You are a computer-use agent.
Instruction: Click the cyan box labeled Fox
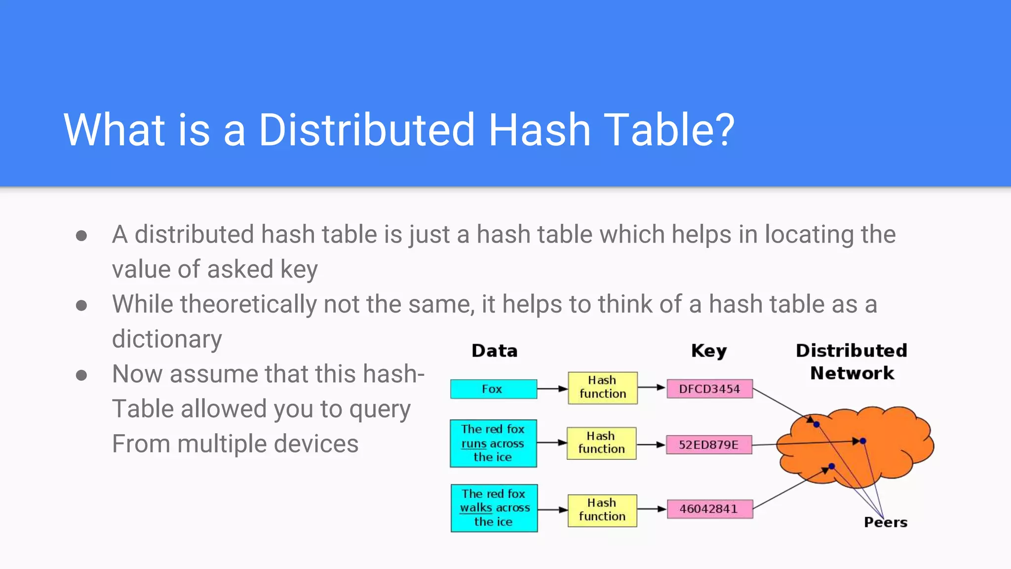coord(493,389)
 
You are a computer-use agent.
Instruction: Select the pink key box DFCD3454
coord(709,389)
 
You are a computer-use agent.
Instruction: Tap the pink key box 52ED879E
coord(708,445)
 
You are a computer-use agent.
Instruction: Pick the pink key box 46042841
coord(709,509)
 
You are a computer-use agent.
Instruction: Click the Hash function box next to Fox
coord(602,388)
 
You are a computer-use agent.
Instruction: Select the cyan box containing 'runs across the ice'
coord(493,443)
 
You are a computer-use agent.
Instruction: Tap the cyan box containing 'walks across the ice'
coord(494,508)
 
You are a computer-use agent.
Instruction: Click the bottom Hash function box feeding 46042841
coord(602,510)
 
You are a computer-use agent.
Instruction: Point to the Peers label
coord(886,523)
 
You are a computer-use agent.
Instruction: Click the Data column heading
coord(494,351)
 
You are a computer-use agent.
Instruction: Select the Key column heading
coord(709,351)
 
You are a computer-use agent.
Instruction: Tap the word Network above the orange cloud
coord(852,373)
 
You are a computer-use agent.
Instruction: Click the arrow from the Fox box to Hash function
coord(552,389)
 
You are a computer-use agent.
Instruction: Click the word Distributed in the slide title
coord(366,130)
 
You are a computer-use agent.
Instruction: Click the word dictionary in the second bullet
coord(167,339)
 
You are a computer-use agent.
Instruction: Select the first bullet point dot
coord(81,236)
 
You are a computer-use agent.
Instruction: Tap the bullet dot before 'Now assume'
coord(81,375)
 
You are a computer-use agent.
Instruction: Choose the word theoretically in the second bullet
coord(248,304)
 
